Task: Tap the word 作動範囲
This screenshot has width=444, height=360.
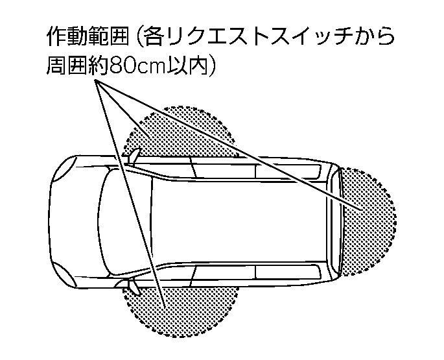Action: [x=88, y=37]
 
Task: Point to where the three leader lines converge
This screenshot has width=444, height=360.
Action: [x=95, y=81]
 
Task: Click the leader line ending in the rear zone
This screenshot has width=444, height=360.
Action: [x=228, y=145]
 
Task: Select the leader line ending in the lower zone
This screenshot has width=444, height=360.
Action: [x=130, y=194]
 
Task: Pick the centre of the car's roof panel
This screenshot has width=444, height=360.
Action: [x=239, y=221]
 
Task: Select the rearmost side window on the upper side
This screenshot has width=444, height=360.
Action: [x=289, y=171]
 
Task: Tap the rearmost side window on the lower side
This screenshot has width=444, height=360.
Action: [x=289, y=271]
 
